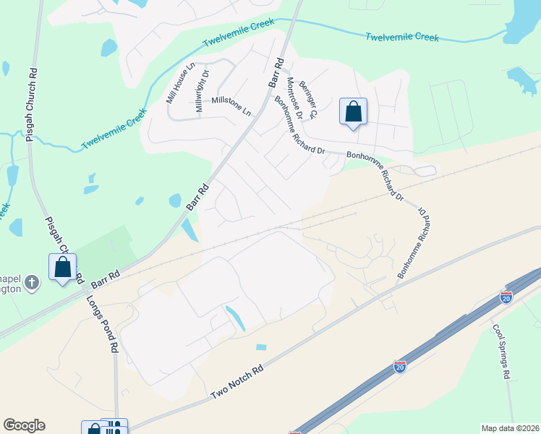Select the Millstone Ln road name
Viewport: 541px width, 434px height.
pyautogui.click(x=231, y=106)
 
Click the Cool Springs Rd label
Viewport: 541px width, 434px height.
pyautogui.click(x=502, y=352)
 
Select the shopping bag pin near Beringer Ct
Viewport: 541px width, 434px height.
pyautogui.click(x=353, y=112)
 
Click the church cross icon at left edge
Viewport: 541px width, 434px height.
pyautogui.click(x=31, y=282)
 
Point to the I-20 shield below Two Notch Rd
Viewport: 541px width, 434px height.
pyautogui.click(x=399, y=367)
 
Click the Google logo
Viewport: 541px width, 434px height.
pyautogui.click(x=24, y=425)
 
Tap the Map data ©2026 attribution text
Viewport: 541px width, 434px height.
pyautogui.click(x=511, y=427)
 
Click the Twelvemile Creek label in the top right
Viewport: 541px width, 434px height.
pyautogui.click(x=402, y=36)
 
